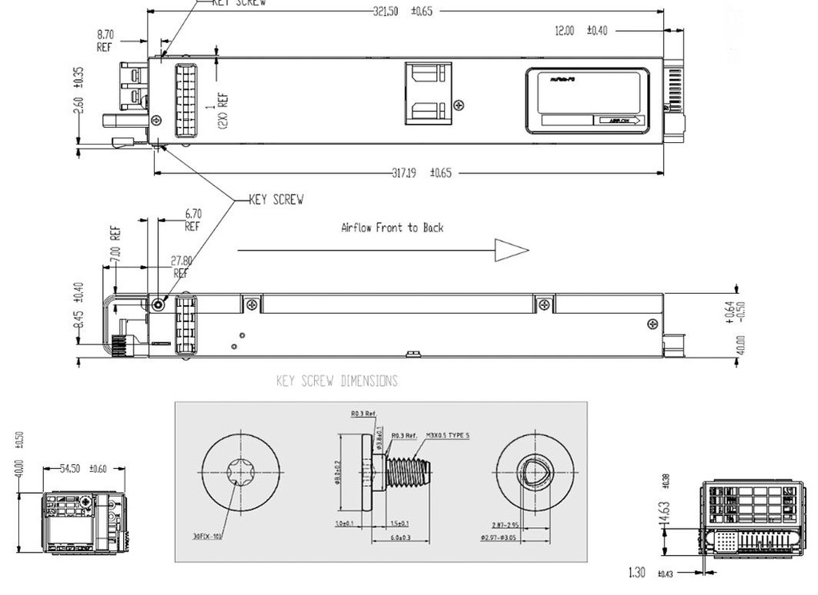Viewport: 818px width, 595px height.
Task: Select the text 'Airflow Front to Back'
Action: coord(391,228)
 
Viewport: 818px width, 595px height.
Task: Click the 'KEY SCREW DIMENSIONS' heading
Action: coord(336,381)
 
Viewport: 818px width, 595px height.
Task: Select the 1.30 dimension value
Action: coord(637,573)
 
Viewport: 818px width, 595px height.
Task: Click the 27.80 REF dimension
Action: coord(181,266)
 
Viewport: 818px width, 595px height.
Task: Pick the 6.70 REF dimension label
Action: coord(193,220)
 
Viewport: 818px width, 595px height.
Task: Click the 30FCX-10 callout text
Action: coord(206,536)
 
